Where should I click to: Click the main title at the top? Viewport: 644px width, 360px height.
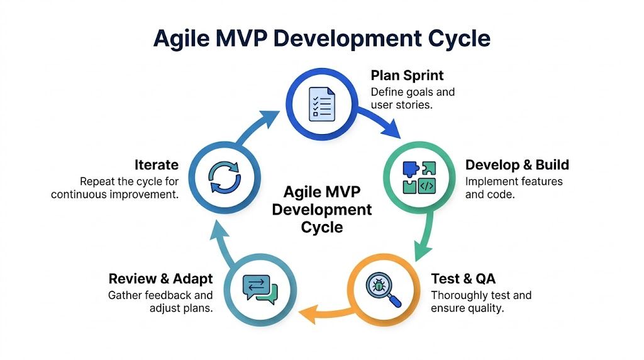pos(321,38)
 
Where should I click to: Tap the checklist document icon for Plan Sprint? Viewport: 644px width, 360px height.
pos(322,103)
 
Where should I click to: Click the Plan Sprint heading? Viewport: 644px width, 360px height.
pos(407,76)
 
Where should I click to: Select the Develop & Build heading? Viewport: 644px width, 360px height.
pos(517,165)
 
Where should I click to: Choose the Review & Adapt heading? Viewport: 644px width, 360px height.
pos(160,279)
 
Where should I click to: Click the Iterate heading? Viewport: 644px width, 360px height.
pos(157,165)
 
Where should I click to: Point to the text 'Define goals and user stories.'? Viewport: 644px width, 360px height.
pos(413,98)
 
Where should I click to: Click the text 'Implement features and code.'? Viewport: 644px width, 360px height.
pos(514,188)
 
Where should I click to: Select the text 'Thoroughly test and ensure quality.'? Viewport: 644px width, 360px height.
pos(481,302)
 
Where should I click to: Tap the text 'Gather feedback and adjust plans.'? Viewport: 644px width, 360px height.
pos(160,302)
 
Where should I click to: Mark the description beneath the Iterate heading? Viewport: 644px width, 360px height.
pos(115,188)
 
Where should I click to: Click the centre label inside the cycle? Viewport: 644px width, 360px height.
pos(321,210)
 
